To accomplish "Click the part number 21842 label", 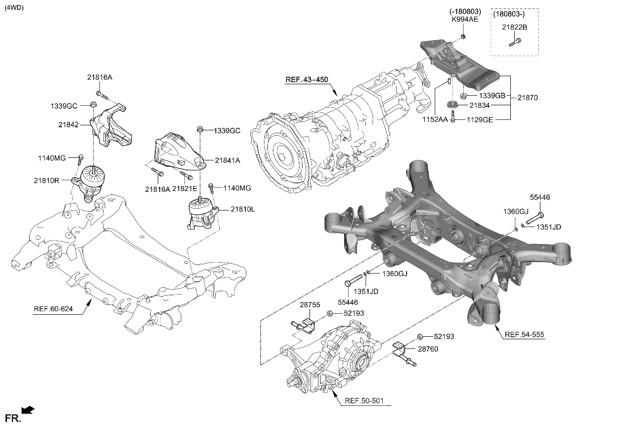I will (x=69, y=124).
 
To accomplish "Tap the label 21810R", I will (x=47, y=179).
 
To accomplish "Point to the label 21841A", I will (x=228, y=160).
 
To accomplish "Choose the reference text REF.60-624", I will (x=53, y=309).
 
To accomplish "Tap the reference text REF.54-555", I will (x=524, y=334).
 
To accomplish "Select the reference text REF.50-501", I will (x=365, y=401).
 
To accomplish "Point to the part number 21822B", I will (x=514, y=27).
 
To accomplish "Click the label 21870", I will (x=527, y=98).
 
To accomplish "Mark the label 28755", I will (x=310, y=305).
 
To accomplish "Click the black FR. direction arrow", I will (x=29, y=410).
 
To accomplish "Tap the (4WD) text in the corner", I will (x=14, y=8).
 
